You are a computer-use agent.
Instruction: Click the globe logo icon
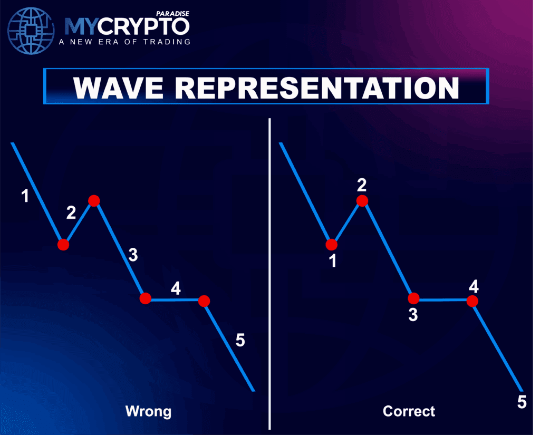pyautogui.click(x=31, y=31)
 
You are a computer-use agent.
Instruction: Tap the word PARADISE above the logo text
pyautogui.click(x=172, y=14)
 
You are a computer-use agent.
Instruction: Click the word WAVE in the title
pyautogui.click(x=118, y=88)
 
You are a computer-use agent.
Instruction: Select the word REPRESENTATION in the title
pyautogui.click(x=317, y=88)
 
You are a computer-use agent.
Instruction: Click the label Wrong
pyautogui.click(x=148, y=411)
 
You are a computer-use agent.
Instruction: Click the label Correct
pyautogui.click(x=409, y=411)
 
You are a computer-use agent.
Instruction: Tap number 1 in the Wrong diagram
pyautogui.click(x=25, y=196)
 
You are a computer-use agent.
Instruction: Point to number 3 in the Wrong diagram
pyautogui.click(x=133, y=255)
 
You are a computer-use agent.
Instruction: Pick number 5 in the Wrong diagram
pyautogui.click(x=240, y=340)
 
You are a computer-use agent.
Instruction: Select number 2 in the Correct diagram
pyautogui.click(x=362, y=185)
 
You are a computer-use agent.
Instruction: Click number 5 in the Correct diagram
pyautogui.click(x=522, y=402)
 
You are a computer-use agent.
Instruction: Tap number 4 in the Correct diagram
pyautogui.click(x=474, y=286)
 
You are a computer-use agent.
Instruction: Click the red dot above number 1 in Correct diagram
pyautogui.click(x=331, y=245)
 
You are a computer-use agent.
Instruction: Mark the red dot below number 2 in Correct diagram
pyautogui.click(x=362, y=200)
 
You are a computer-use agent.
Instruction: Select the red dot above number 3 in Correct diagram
pyautogui.click(x=413, y=298)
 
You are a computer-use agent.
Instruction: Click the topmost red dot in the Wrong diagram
pyautogui.click(x=94, y=200)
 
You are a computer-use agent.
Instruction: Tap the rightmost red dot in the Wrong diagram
pyautogui.click(x=204, y=301)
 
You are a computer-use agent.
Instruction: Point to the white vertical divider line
pyautogui.click(x=269, y=274)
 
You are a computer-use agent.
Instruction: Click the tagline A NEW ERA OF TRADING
pyautogui.click(x=124, y=42)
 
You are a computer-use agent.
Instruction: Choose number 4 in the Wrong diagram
pyautogui.click(x=176, y=288)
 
